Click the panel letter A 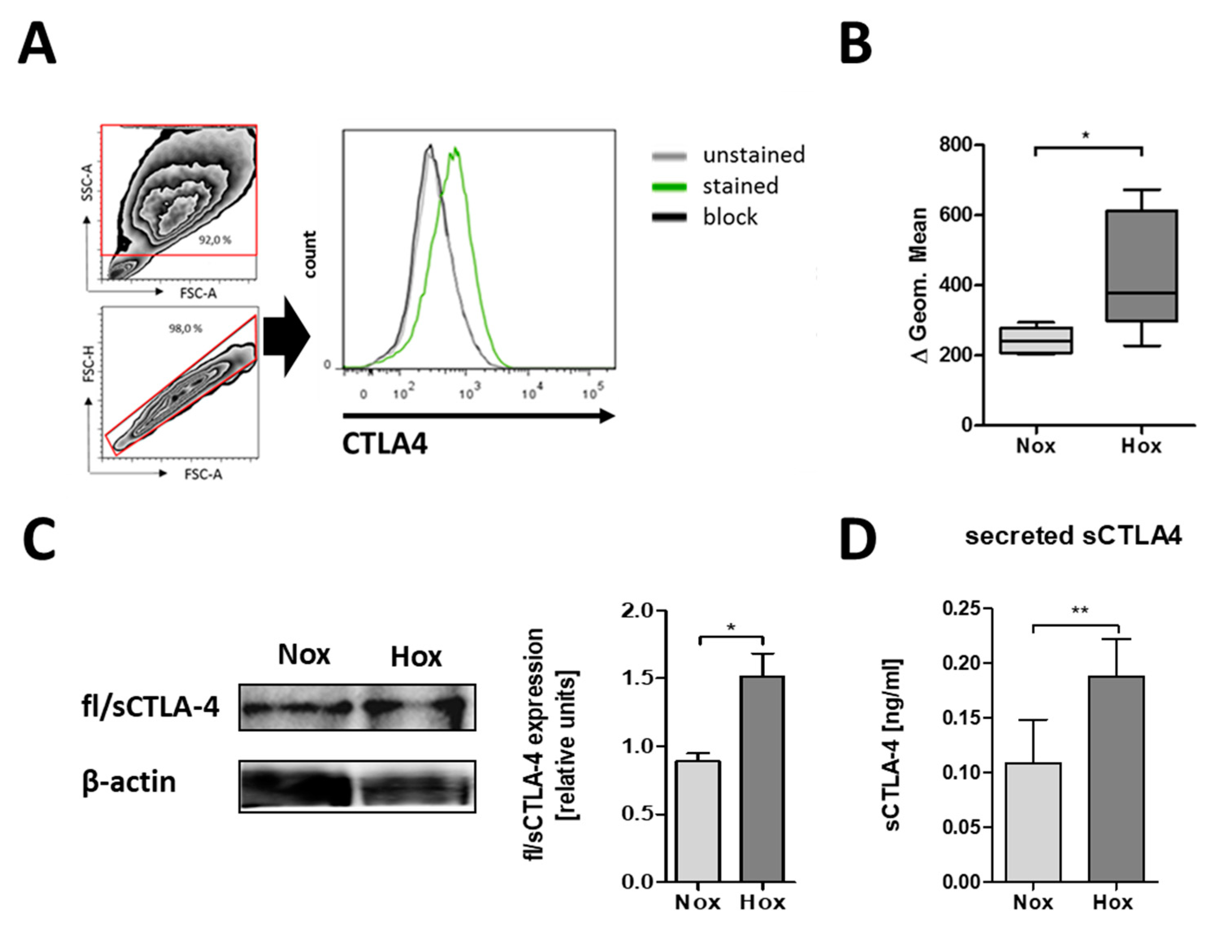(x=37, y=44)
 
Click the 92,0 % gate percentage (x=215, y=240)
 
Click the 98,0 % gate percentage (x=185, y=329)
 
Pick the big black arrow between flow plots (x=287, y=336)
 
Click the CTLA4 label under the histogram (x=385, y=444)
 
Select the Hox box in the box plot (x=1142, y=265)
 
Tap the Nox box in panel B (x=1036, y=340)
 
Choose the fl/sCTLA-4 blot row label (x=150, y=707)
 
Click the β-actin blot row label (x=129, y=782)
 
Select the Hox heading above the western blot (x=416, y=657)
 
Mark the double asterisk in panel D (x=1080, y=611)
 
